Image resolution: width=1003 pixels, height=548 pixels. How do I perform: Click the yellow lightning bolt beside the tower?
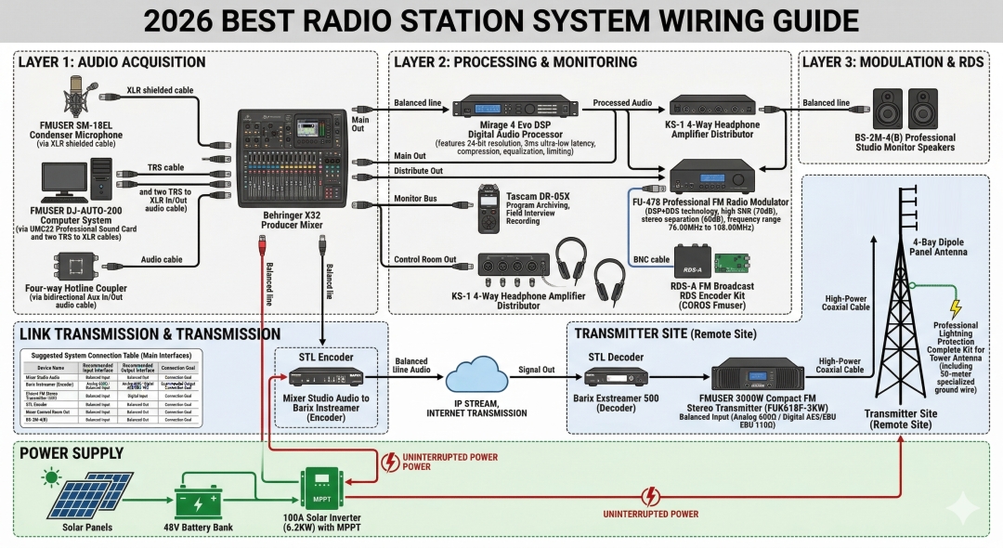click(955, 309)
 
